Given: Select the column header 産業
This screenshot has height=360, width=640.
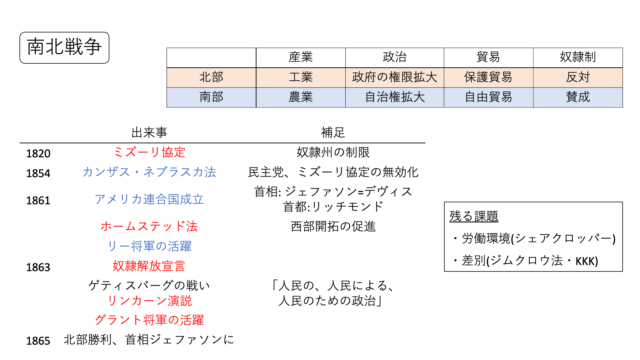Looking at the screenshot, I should [x=302, y=57].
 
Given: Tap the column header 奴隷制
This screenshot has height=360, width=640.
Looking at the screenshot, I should [x=577, y=57].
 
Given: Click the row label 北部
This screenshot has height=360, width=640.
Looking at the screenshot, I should [x=211, y=77].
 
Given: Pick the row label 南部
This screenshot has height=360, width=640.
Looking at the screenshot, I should [x=211, y=98].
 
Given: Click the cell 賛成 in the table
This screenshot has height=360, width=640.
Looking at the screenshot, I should [x=577, y=98].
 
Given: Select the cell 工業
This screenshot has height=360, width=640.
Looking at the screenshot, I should [x=302, y=77].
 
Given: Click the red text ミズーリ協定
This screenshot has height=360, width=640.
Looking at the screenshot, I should [x=150, y=152].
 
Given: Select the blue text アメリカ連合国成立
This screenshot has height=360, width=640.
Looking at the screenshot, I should [x=149, y=198].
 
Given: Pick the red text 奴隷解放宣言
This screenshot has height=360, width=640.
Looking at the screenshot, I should [x=150, y=266].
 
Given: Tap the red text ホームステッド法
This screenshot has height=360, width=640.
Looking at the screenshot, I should [x=149, y=226].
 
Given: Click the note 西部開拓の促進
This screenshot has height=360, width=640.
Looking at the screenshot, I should [x=333, y=226].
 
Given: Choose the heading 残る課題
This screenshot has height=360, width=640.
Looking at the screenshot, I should [x=474, y=216].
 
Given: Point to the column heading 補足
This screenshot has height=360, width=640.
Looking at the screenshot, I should [x=333, y=131].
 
